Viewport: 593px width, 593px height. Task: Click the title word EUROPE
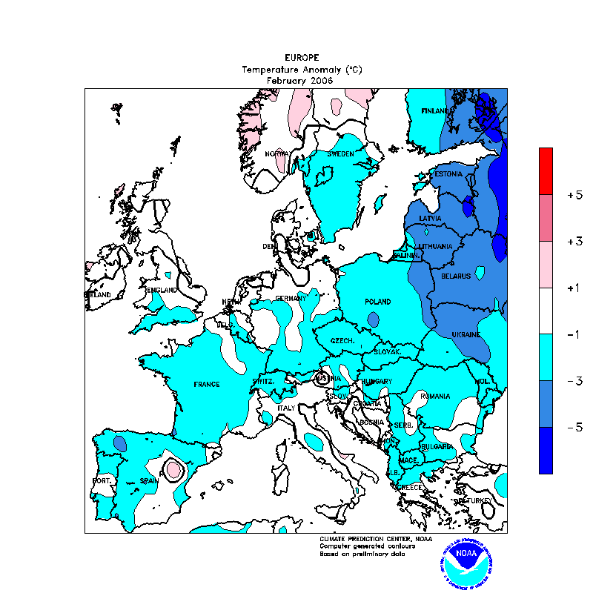(302, 57)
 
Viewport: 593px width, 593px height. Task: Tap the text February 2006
(301, 80)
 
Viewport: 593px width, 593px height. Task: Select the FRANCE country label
(207, 384)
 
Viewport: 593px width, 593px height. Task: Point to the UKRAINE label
(466, 335)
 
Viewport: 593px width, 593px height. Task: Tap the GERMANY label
(291, 298)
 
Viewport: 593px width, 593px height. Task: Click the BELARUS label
(455, 276)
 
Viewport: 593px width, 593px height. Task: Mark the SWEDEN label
(340, 153)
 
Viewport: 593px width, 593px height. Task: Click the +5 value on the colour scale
(574, 195)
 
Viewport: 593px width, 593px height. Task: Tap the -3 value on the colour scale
(574, 381)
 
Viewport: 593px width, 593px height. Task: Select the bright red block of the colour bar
(546, 170)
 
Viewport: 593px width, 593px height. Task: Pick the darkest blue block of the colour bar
(546, 450)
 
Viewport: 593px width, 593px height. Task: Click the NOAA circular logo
(466, 562)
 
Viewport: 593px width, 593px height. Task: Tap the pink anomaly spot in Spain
(174, 469)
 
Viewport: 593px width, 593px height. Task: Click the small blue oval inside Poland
(373, 319)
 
